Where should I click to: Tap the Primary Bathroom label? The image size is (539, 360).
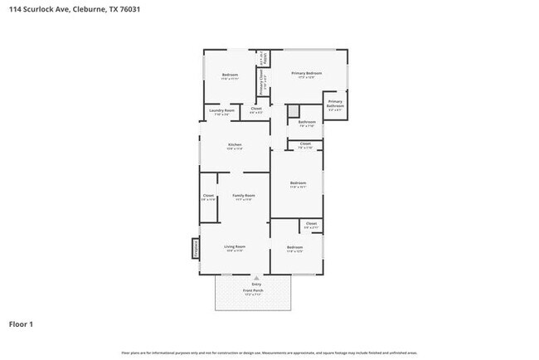(335, 104)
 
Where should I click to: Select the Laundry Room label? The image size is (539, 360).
(221, 111)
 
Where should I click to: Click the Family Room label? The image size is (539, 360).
(243, 197)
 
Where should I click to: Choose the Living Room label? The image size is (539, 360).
(235, 248)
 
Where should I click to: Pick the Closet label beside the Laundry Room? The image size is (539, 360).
(256, 109)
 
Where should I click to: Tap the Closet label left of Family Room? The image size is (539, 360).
(208, 197)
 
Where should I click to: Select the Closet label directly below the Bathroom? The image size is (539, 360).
(305, 145)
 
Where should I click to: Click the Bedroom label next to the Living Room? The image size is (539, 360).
(295, 248)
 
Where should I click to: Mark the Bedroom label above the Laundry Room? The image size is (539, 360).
(230, 76)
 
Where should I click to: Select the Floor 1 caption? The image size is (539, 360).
(22, 324)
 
